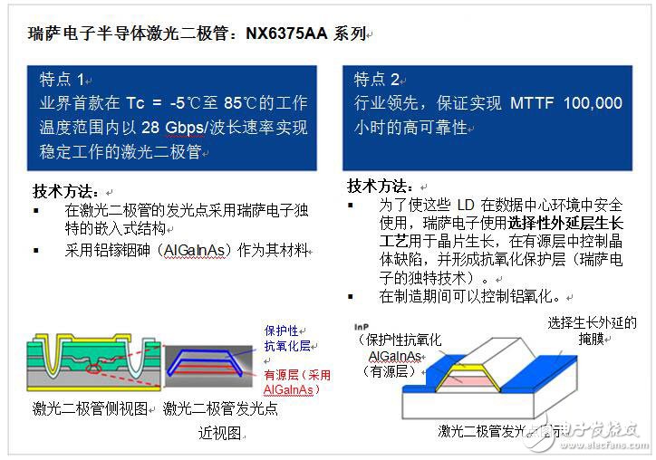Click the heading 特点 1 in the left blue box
62,79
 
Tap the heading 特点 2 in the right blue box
376,79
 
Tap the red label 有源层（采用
296,375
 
